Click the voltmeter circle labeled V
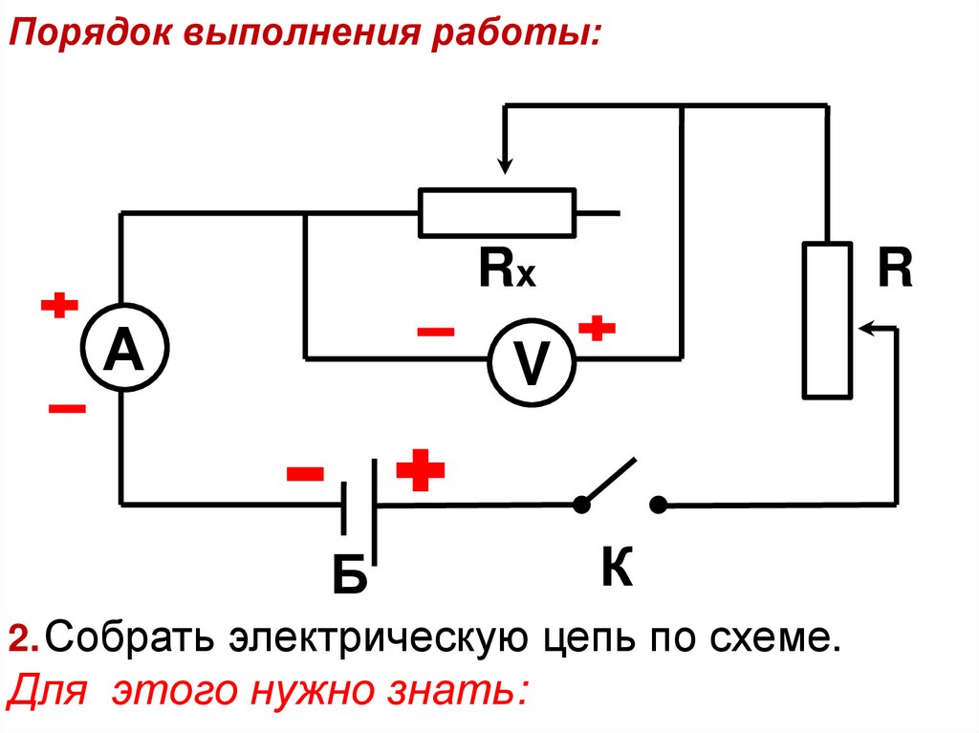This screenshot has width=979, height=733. [x=532, y=360]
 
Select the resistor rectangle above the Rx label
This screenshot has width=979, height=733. [x=497, y=212]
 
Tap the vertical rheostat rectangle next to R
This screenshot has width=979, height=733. [x=827, y=319]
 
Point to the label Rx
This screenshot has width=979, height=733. [x=508, y=271]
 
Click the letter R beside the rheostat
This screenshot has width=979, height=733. [x=896, y=271]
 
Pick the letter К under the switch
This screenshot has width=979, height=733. [x=617, y=570]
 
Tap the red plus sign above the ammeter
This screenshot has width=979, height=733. [x=59, y=306]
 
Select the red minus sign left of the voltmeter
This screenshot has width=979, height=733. [x=436, y=332]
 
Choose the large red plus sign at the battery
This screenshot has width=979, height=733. [x=421, y=469]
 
